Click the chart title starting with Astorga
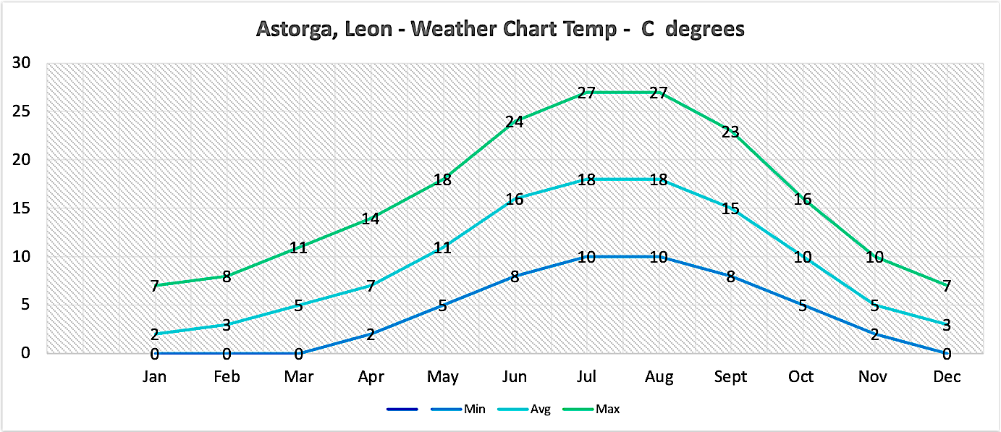click(500, 30)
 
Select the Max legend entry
click(607, 410)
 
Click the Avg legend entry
click(540, 410)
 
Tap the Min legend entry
click(474, 410)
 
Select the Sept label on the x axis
click(730, 377)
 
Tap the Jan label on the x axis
click(154, 377)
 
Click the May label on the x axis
click(442, 377)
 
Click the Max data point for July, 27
click(586, 93)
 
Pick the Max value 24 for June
click(514, 122)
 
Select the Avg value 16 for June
click(514, 199)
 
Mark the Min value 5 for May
click(442, 305)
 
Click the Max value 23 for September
click(730, 132)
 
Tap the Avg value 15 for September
click(730, 209)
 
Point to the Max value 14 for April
click(370, 219)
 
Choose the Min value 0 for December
click(946, 354)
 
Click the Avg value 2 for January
click(154, 334)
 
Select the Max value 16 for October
click(802, 199)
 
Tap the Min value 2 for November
click(874, 334)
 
